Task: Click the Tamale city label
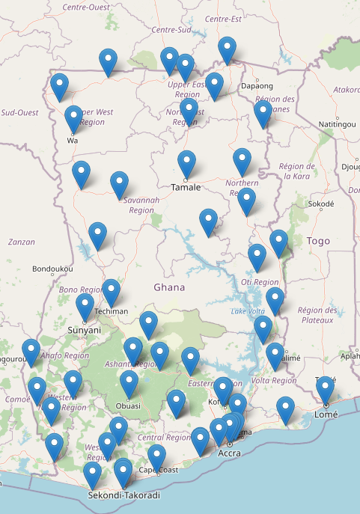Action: tap(186, 187)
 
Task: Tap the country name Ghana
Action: tap(168, 287)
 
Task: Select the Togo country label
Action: tap(318, 241)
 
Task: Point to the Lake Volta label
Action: tap(248, 310)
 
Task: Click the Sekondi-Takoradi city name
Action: tap(123, 495)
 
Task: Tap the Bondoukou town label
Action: tap(52, 269)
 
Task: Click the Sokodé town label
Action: tap(320, 204)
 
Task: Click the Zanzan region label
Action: tap(21, 242)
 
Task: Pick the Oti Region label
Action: tap(260, 282)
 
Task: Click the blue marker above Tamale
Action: tap(186, 164)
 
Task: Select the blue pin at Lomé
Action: tap(325, 390)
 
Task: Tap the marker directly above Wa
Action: tap(73, 119)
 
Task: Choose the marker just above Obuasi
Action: tap(129, 384)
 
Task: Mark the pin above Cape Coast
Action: tap(156, 457)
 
